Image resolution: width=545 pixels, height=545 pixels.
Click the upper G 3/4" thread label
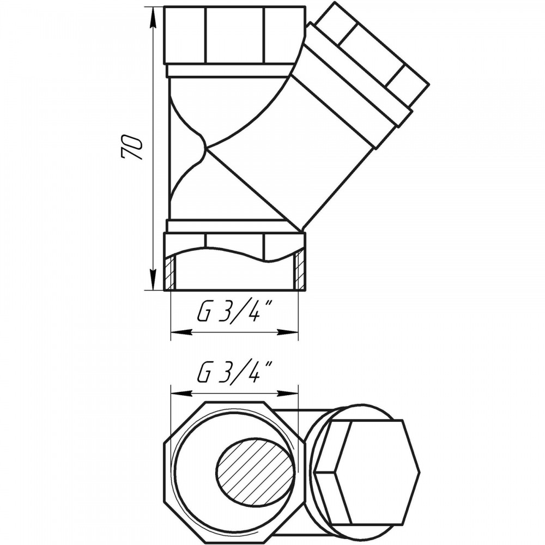234,311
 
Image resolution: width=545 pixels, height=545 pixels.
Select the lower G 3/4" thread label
234,373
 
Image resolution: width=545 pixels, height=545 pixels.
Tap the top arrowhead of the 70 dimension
152,17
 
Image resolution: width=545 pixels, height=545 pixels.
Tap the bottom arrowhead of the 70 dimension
152,278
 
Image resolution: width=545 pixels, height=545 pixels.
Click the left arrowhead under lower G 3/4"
181,393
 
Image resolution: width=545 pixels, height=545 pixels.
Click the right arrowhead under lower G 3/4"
288,393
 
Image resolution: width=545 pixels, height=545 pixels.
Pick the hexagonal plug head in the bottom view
367,473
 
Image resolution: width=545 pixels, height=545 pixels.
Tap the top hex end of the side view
234,35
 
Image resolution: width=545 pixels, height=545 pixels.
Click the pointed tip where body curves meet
207,149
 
